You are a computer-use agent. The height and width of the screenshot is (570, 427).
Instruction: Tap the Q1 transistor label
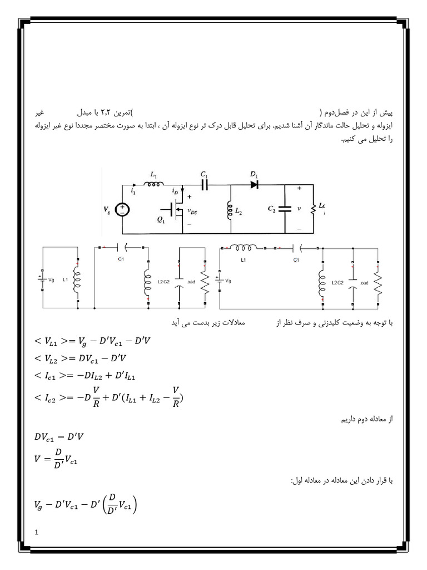[x=162, y=219]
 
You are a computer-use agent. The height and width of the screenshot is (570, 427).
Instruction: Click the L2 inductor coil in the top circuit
[x=229, y=210]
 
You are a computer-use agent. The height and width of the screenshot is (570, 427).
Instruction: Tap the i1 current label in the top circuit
[x=133, y=191]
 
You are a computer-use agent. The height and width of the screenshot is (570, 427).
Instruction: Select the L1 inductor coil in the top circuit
[x=153, y=184]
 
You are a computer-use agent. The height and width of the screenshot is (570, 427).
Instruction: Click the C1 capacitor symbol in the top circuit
[x=205, y=185]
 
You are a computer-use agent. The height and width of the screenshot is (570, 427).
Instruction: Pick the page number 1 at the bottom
[x=37, y=533]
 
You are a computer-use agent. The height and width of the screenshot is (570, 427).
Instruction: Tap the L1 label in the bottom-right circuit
[x=242, y=261]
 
